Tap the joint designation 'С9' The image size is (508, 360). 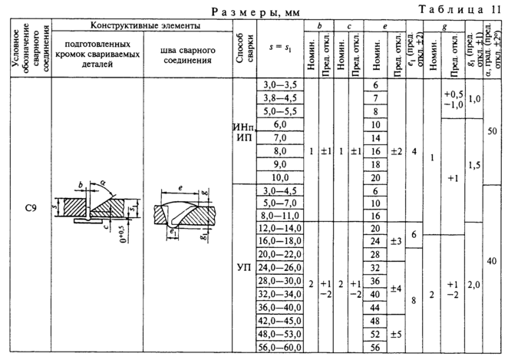pyautogui.click(x=26, y=206)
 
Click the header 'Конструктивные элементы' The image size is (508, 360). pyautogui.click(x=141, y=26)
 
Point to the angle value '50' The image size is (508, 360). pyautogui.click(x=493, y=131)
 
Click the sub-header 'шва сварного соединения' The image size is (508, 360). pyautogui.click(x=187, y=56)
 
